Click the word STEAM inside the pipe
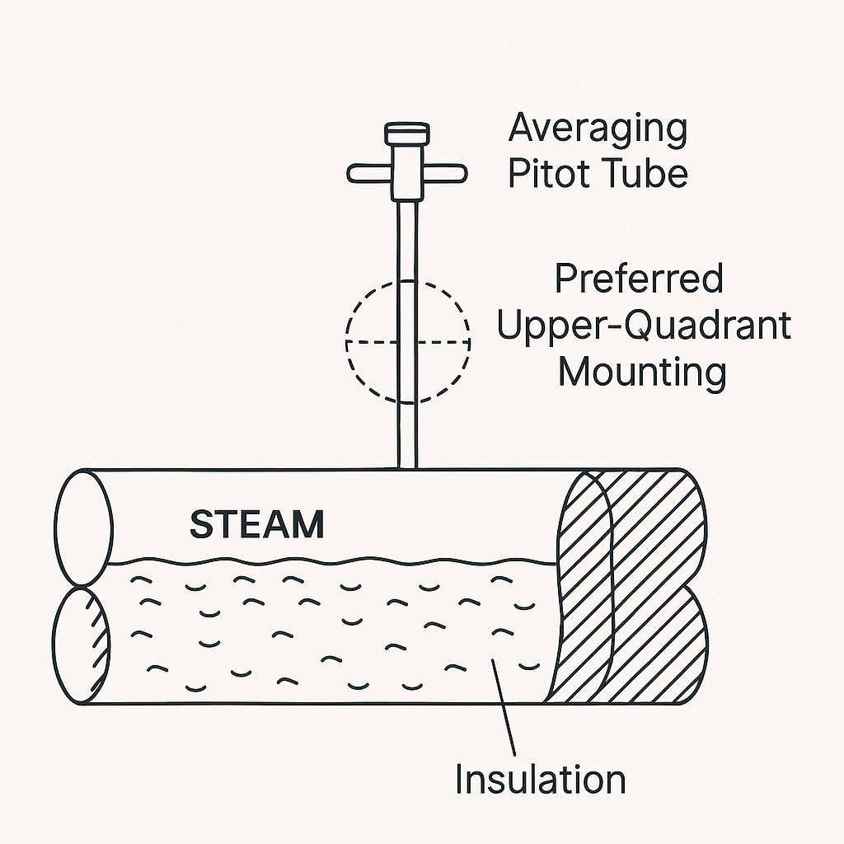(256, 524)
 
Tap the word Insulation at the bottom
(540, 779)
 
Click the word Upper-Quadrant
(644, 326)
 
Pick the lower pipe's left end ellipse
(81, 645)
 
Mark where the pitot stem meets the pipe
(405, 467)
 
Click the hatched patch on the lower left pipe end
(101, 639)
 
